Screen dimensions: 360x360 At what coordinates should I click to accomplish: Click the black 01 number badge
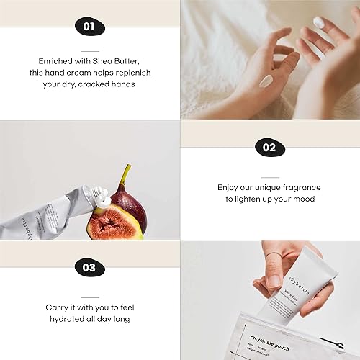tap(89, 27)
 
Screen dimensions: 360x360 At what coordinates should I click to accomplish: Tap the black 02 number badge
tap(269, 148)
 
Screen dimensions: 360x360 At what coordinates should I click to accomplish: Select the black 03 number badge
tap(89, 268)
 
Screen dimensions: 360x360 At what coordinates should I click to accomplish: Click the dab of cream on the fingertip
tap(319, 23)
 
